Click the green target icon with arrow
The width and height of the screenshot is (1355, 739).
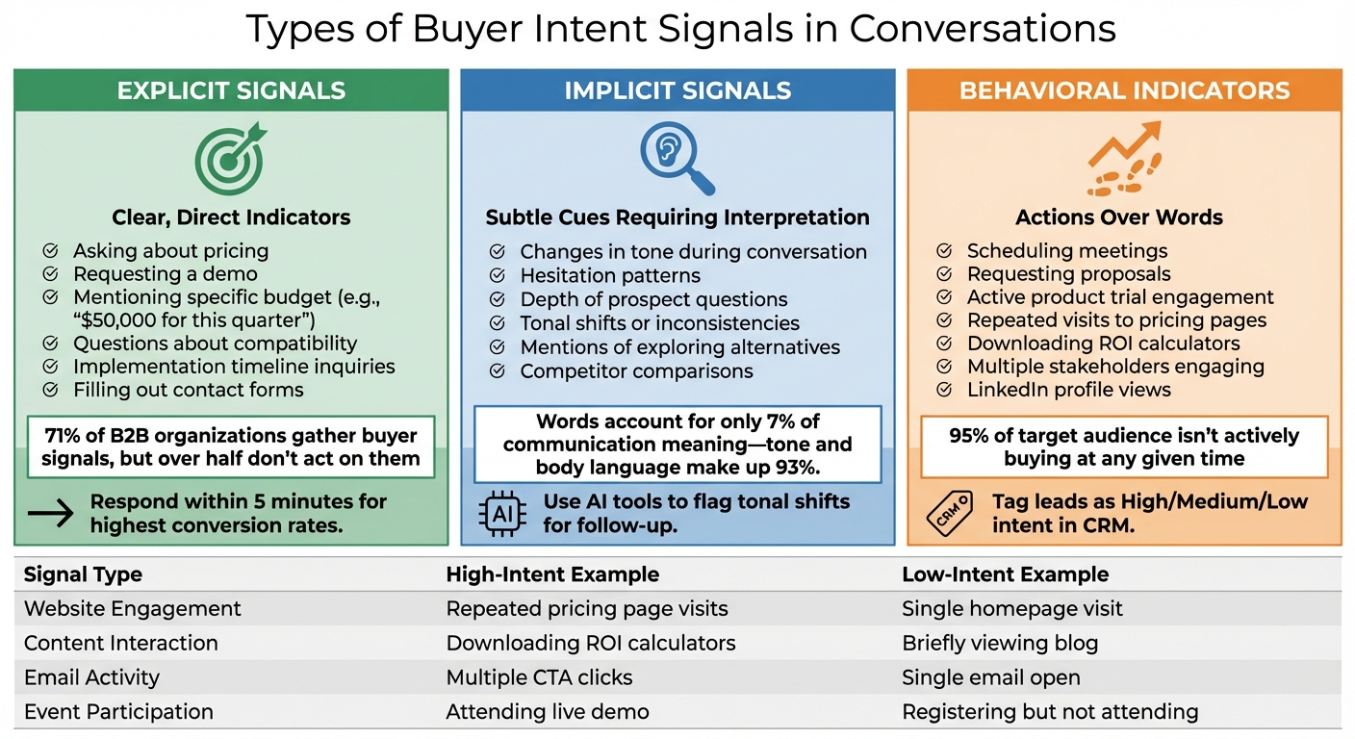[x=229, y=158]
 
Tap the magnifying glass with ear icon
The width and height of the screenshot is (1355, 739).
[x=677, y=157]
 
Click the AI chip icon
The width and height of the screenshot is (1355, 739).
[x=502, y=512]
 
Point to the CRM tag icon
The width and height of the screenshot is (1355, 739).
[x=948, y=513]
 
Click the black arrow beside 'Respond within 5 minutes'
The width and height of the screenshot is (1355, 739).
[x=51, y=513]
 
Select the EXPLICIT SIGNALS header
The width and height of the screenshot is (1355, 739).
[x=231, y=91]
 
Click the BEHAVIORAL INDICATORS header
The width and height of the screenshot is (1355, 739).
[x=1124, y=91]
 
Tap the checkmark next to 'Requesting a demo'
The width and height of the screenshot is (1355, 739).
[x=51, y=274]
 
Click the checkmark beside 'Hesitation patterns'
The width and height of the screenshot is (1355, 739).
[x=498, y=275]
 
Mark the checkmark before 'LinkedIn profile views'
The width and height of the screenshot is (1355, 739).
[x=945, y=390]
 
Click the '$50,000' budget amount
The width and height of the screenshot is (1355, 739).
[x=124, y=320]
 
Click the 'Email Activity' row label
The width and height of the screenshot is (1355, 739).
[x=91, y=677]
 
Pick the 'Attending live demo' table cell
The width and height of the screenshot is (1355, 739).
[x=547, y=712]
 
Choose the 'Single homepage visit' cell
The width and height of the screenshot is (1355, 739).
[x=1011, y=609]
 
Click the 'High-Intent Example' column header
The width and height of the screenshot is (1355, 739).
[x=552, y=574]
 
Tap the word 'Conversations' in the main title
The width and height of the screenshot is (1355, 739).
[x=983, y=29]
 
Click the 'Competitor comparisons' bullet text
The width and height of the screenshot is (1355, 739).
[x=636, y=371]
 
